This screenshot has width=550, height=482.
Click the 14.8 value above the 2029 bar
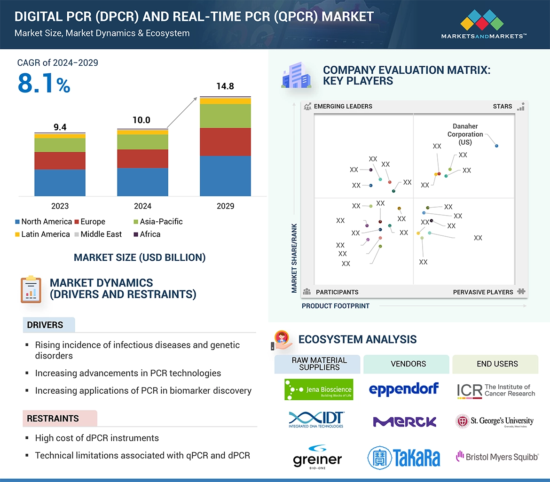coord(225,86)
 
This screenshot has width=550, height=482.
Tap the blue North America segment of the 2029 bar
coord(225,176)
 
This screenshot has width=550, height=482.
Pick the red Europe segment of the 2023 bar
coord(60,161)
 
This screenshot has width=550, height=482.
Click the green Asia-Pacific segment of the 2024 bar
coord(142,142)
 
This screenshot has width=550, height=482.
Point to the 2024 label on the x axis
coord(142,206)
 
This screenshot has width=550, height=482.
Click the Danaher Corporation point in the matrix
coord(496,146)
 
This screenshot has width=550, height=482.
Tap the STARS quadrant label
coord(503,106)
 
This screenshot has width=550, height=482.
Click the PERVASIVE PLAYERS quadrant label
coord(483,292)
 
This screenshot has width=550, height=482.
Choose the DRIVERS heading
coord(45,325)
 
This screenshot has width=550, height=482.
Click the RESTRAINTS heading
coord(53,418)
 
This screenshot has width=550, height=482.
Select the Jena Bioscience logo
coord(318,389)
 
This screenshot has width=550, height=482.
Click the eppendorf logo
coord(404,389)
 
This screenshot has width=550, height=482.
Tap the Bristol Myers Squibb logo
coord(497,456)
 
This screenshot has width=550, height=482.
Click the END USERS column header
coord(497,364)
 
